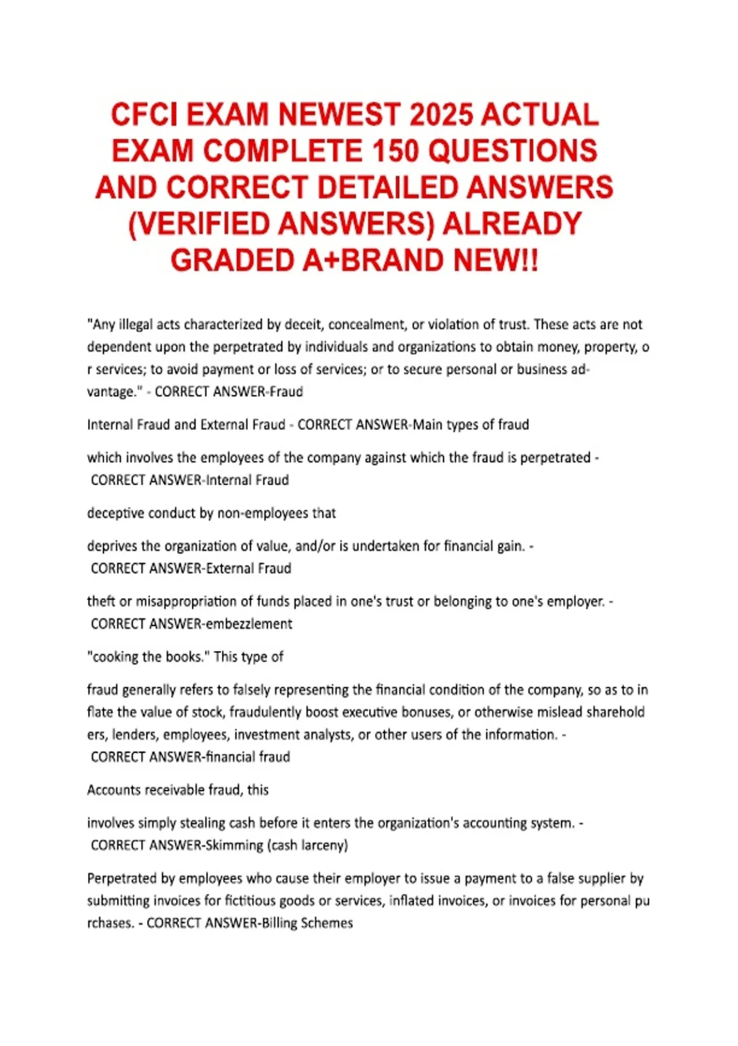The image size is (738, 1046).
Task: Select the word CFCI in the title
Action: click(x=146, y=115)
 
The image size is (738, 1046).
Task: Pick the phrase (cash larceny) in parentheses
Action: click(x=307, y=845)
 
